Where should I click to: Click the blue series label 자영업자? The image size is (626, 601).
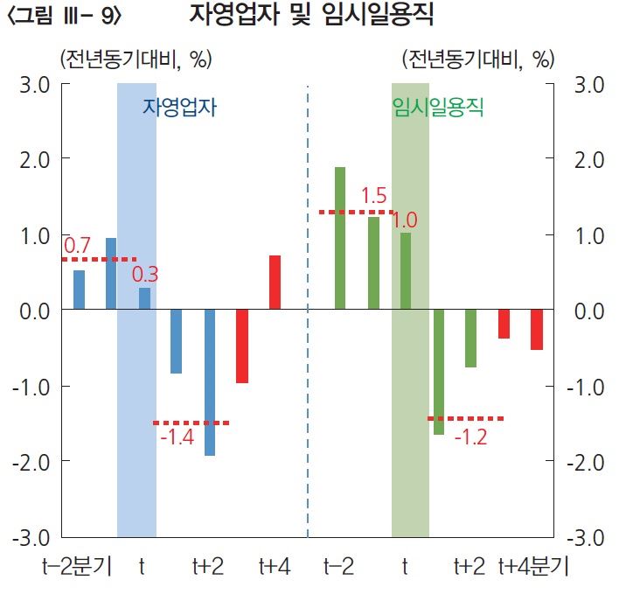tap(179, 108)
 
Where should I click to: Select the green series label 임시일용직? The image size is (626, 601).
tap(439, 108)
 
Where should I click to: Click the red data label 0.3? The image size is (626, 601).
tap(145, 275)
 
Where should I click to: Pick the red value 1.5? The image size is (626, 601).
tap(373, 196)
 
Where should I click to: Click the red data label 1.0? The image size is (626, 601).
tap(404, 220)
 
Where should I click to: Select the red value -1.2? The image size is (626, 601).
tap(470, 436)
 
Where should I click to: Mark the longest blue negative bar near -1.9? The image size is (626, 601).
tap(210, 382)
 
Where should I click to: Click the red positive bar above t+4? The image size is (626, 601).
tap(275, 283)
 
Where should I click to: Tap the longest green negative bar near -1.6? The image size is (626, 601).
tap(439, 372)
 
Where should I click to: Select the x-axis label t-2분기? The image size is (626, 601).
tap(78, 567)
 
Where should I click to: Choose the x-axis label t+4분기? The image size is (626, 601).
tap(532, 567)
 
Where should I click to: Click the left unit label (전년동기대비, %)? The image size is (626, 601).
tap(136, 59)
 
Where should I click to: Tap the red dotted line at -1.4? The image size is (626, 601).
tap(191, 423)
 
